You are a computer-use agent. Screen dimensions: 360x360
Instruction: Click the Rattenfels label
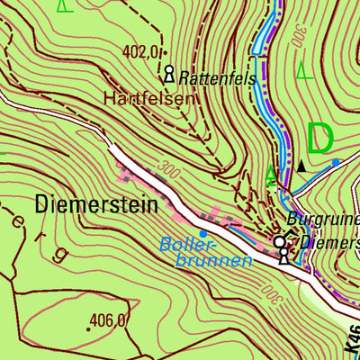click(218, 79)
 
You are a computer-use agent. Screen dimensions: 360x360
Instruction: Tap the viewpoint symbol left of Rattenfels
click(168, 72)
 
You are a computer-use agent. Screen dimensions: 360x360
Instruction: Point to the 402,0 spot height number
click(142, 51)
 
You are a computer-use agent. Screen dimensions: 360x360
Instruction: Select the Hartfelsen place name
click(148, 97)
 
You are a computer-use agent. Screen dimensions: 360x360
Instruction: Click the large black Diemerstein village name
click(96, 205)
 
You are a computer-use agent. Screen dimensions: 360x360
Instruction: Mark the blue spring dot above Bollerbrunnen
click(203, 234)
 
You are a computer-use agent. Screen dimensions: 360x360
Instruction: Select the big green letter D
click(320, 139)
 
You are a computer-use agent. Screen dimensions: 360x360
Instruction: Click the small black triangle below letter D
click(301, 166)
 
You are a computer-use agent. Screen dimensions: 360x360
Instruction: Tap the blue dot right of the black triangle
click(336, 162)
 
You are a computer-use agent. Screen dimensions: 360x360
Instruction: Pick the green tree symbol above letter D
click(304, 70)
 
